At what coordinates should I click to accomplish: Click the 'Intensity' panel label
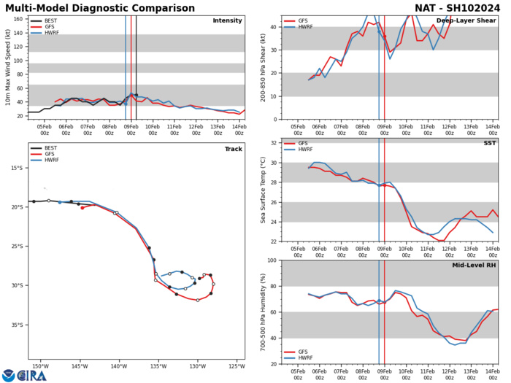tap(227, 20)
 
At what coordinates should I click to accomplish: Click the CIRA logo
tap(24, 374)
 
